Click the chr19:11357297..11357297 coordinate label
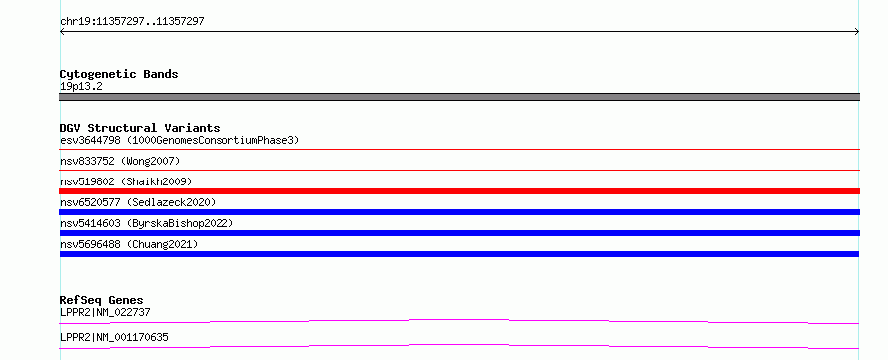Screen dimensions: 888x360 (132, 22)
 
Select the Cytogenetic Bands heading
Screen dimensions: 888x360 (119, 74)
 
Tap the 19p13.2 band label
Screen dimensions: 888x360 (81, 87)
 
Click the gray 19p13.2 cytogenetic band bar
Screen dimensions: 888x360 (459, 97)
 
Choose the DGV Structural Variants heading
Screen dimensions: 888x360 (140, 128)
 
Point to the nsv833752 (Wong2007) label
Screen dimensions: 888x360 (120, 161)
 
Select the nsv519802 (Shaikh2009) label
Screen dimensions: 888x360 (126, 181)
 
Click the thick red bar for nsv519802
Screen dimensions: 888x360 (459, 191)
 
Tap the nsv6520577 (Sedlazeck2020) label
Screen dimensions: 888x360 (138, 202)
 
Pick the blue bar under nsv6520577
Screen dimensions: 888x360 (459, 212)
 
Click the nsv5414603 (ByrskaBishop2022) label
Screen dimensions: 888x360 (147, 223)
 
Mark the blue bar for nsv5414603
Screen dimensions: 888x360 (459, 233)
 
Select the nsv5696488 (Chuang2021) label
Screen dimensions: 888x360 (129, 244)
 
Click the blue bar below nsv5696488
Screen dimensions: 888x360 (459, 254)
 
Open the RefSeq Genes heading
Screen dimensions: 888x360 (102, 300)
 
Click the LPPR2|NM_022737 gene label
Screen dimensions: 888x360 (105, 312)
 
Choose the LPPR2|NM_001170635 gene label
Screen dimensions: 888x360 (114, 338)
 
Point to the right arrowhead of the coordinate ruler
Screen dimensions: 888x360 (857, 32)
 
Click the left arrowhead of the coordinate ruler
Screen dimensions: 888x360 (62, 32)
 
